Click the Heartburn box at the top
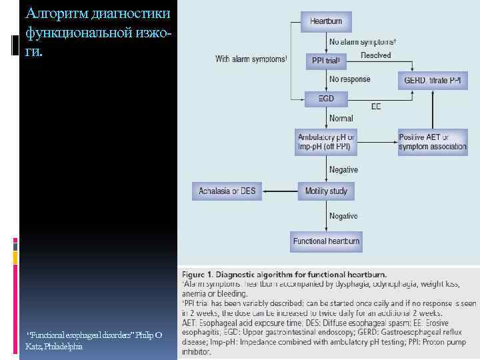(326, 21)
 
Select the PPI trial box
(326, 61)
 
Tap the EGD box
(326, 100)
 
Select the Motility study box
(326, 191)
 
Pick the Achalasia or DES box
(227, 191)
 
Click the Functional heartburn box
(326, 241)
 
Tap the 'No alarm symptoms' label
(364, 42)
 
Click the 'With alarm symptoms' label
(251, 59)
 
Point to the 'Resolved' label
(375, 55)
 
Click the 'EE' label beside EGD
(376, 106)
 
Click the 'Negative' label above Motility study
(343, 170)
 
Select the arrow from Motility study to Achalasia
(280, 191)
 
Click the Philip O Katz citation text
(93, 341)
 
